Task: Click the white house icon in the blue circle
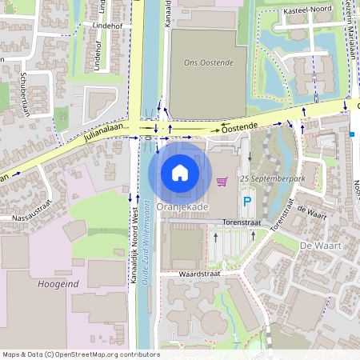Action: (180, 173)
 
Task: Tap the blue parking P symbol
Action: (247, 202)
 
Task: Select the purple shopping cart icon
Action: (222, 182)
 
